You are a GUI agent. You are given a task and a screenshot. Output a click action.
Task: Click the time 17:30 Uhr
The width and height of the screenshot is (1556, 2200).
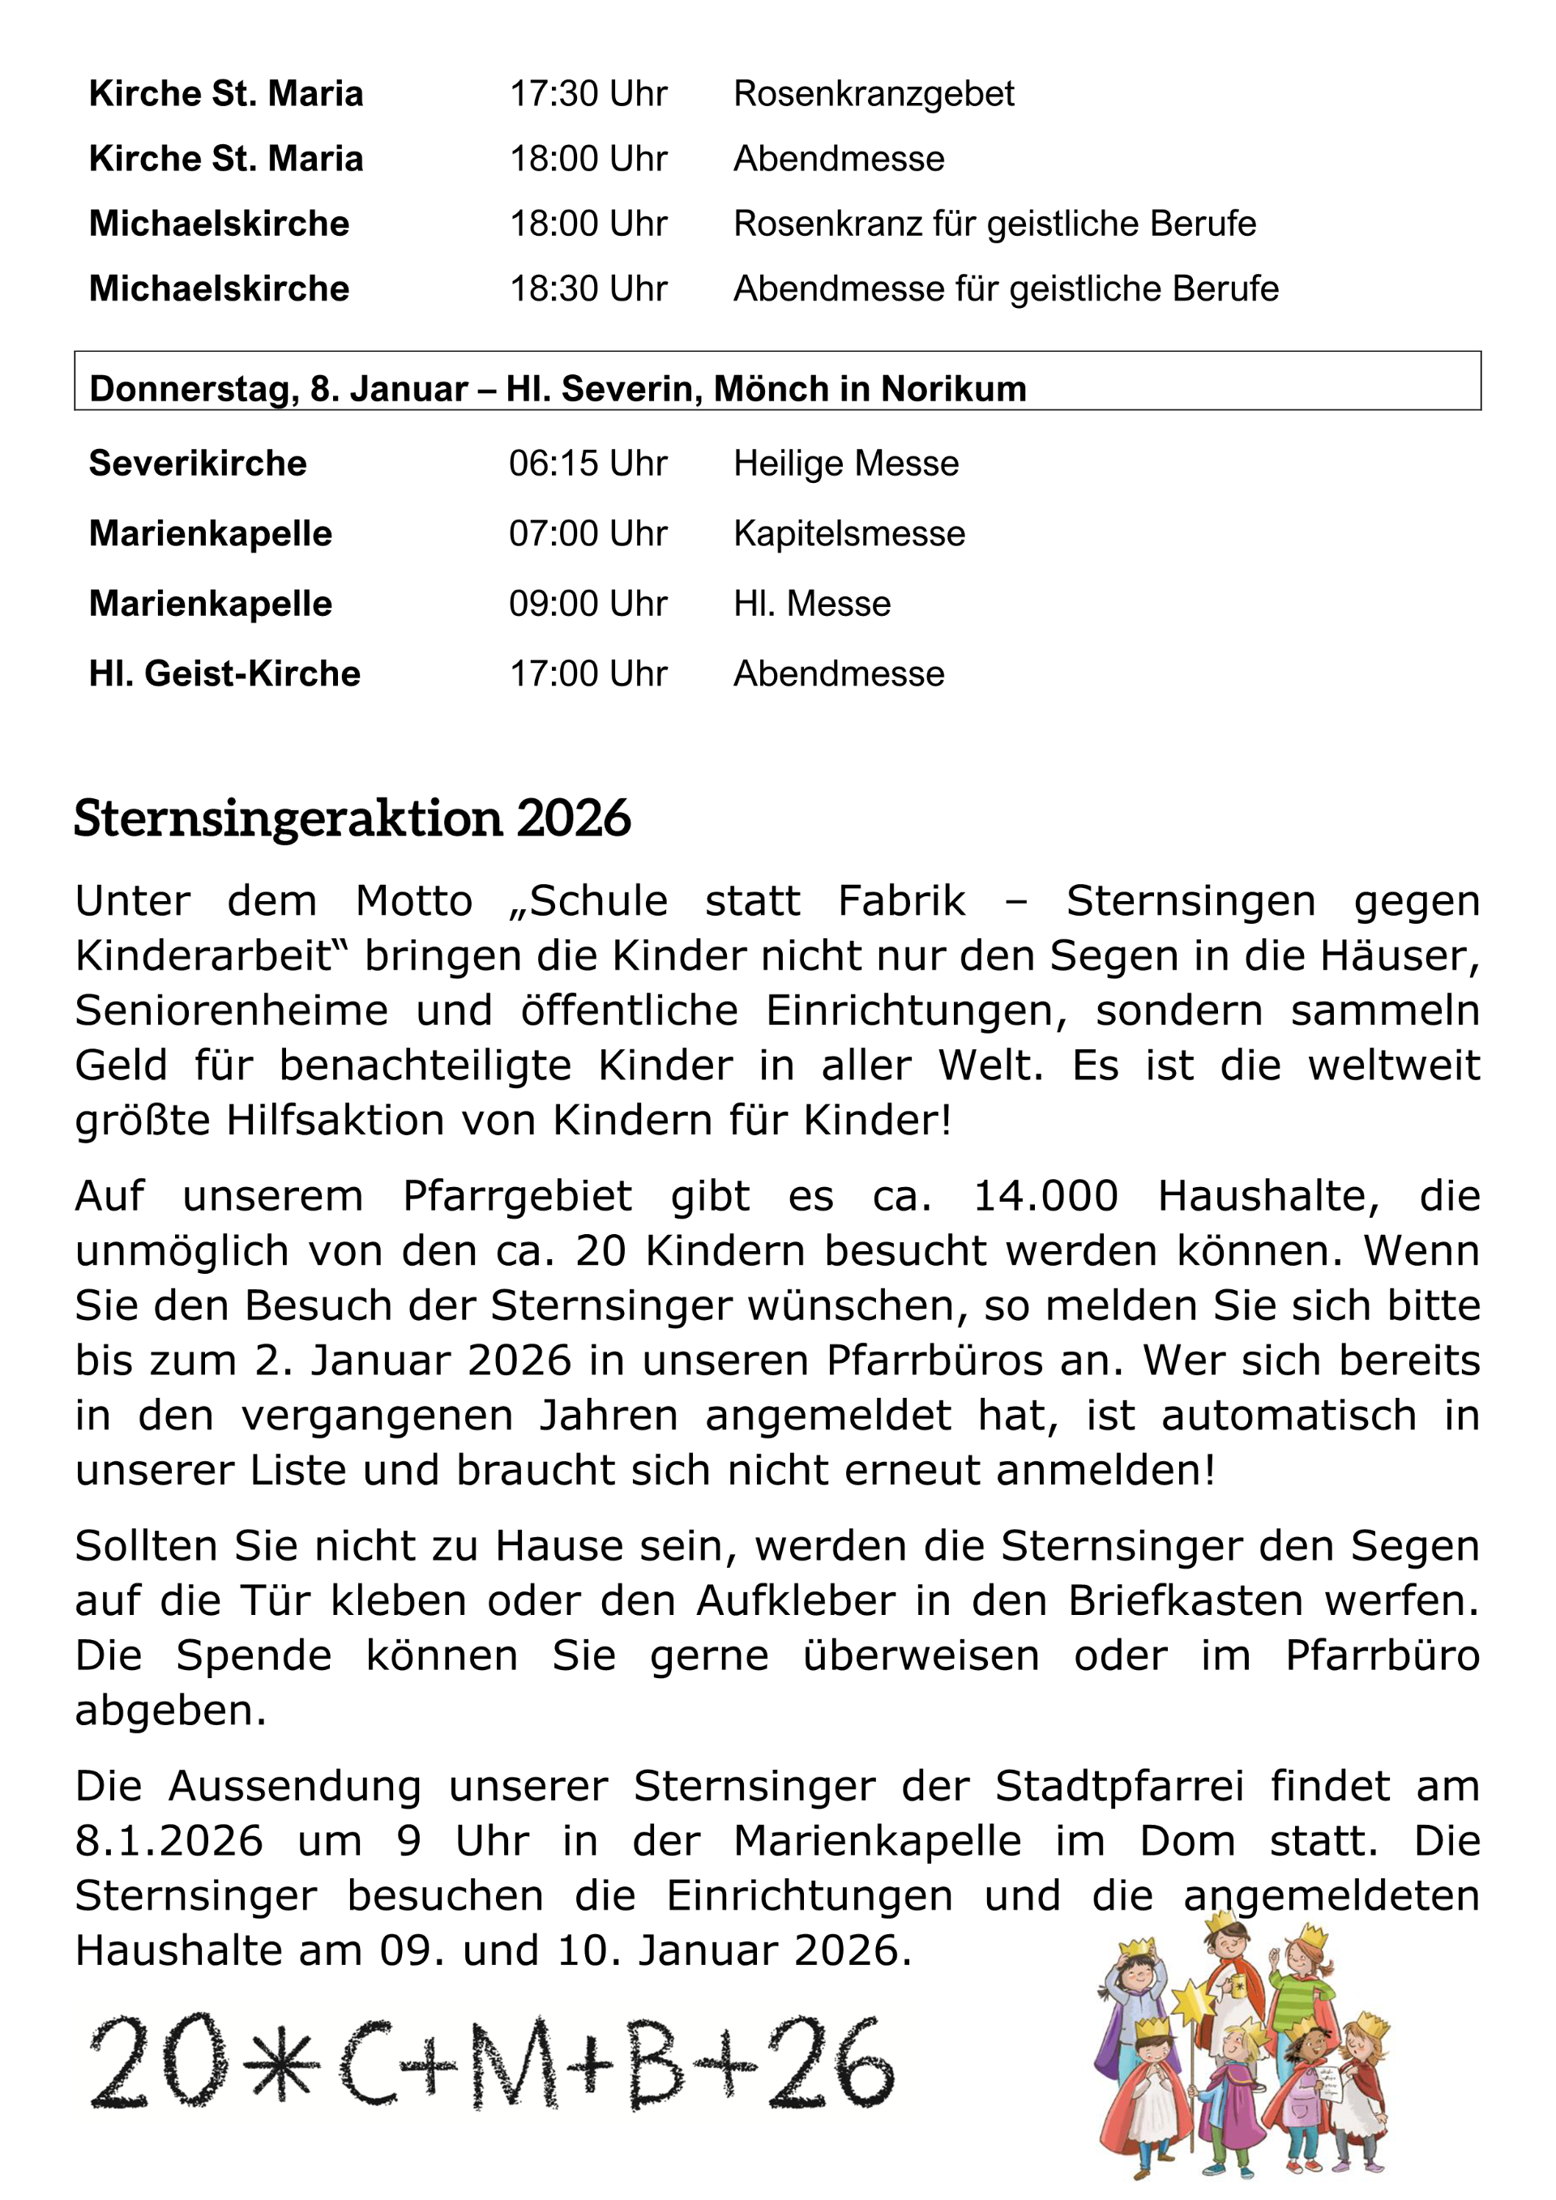[588, 94]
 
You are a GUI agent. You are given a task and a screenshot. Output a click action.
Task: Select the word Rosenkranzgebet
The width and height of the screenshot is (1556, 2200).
[873, 94]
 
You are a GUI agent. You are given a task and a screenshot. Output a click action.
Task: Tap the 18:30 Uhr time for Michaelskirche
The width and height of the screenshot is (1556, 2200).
[588, 288]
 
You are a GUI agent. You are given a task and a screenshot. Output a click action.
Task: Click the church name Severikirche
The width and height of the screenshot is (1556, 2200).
[198, 463]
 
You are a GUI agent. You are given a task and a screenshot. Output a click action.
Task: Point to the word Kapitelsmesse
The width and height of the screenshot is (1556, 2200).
[849, 534]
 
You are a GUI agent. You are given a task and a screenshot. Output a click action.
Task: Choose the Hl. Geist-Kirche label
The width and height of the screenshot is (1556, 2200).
[224, 673]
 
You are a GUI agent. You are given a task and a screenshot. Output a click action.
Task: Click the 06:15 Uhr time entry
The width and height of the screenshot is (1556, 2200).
[588, 463]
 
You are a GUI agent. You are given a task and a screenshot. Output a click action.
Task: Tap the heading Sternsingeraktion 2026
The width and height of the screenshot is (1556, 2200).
[352, 818]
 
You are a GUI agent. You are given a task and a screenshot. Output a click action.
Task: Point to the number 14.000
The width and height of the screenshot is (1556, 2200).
[1045, 1197]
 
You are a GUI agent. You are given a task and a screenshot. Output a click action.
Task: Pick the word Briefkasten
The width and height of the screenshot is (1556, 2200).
[1185, 1601]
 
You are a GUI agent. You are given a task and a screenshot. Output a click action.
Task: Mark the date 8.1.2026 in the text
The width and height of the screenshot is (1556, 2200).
[169, 1842]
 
